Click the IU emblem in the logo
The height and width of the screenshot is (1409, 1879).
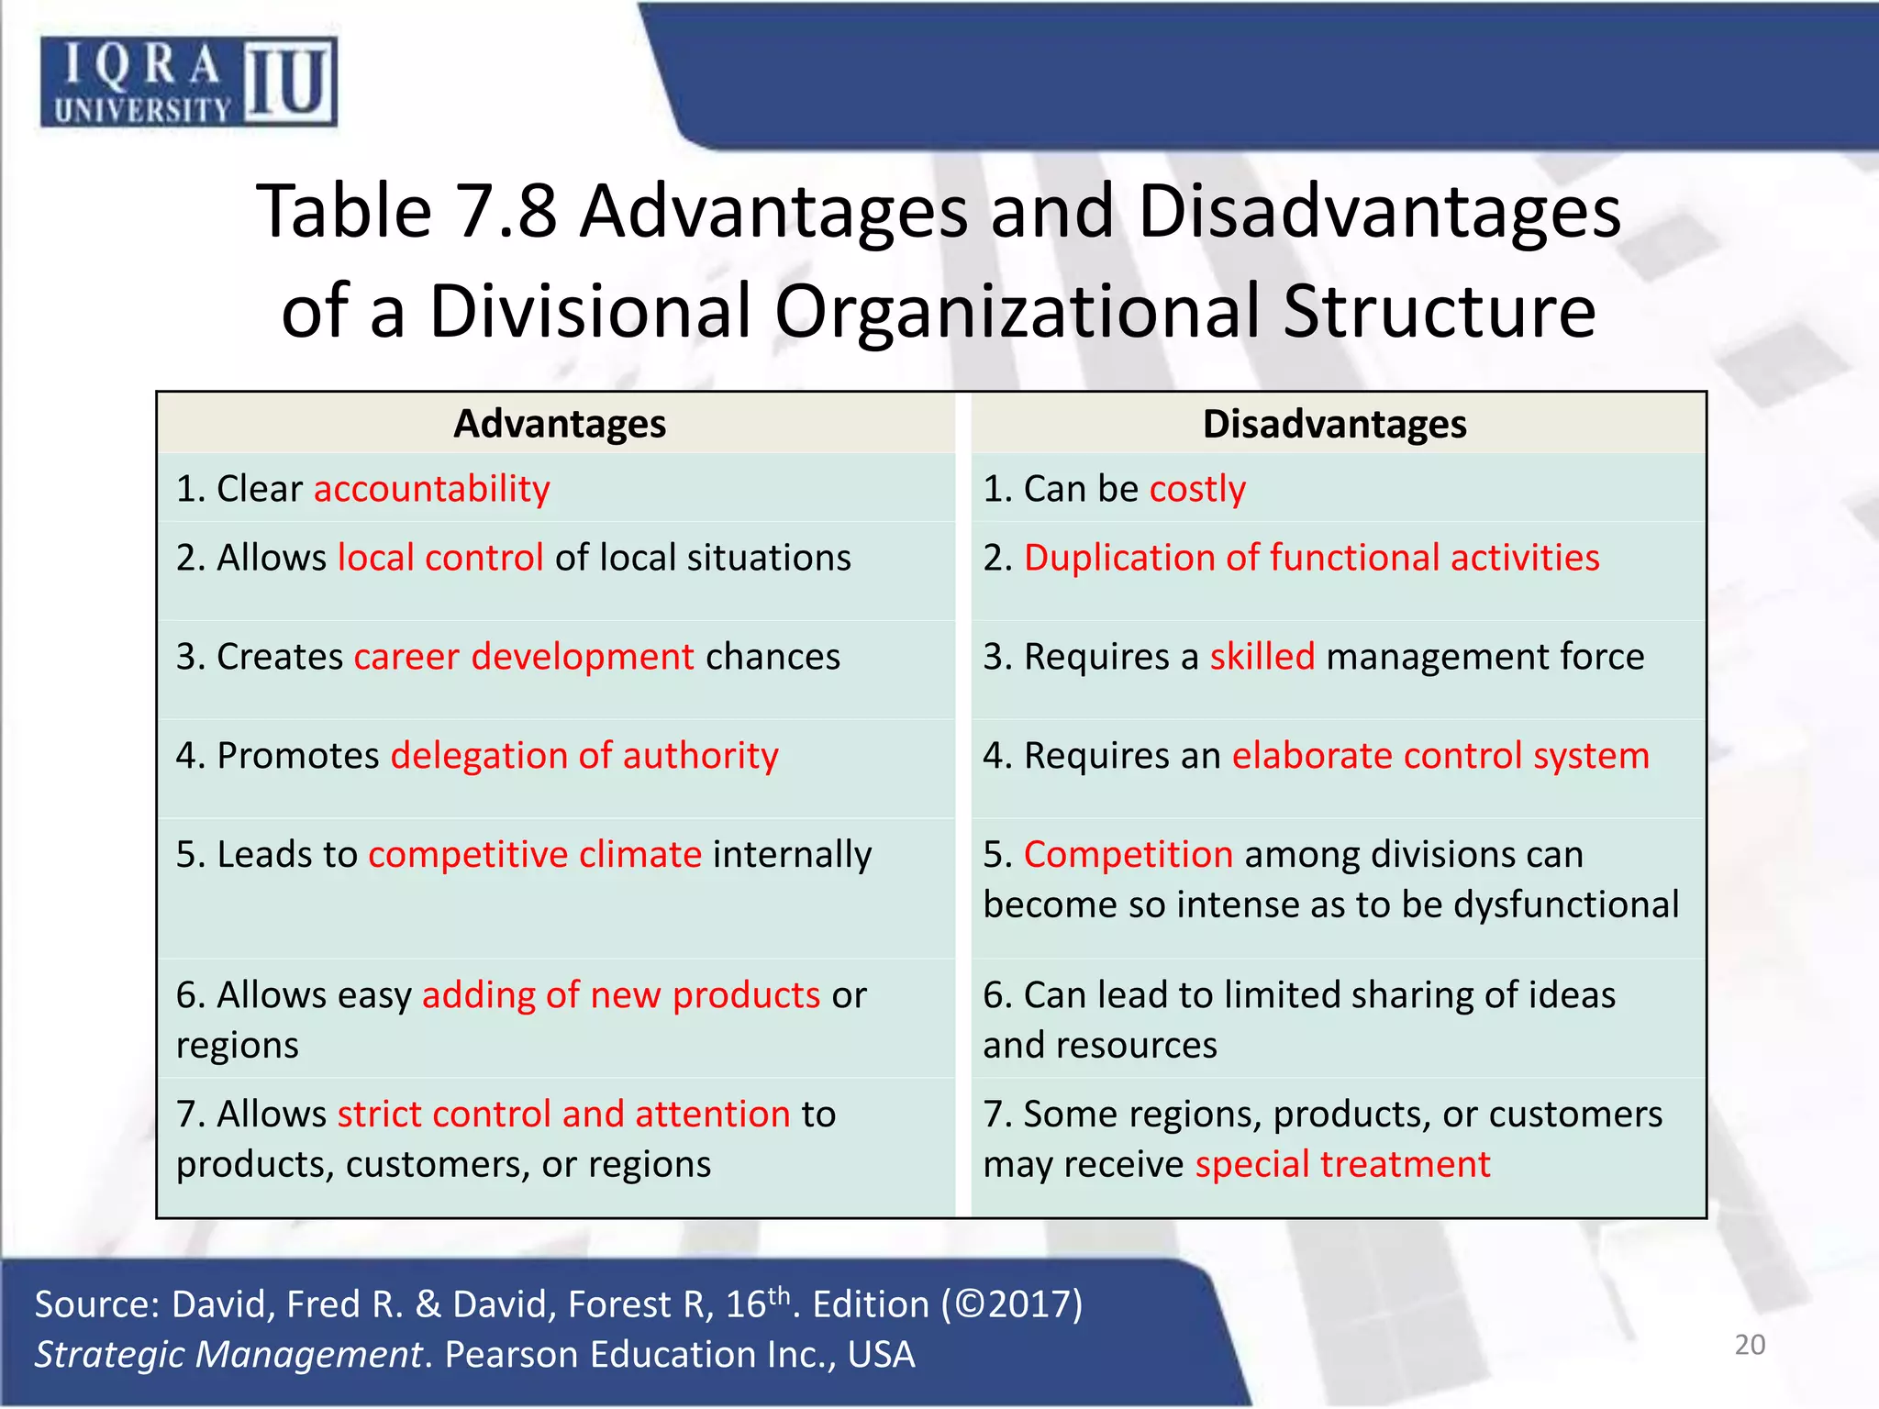[289, 82]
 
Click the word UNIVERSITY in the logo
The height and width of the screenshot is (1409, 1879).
[142, 111]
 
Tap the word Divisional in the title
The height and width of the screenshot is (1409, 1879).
[591, 311]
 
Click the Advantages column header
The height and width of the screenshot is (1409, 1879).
[560, 424]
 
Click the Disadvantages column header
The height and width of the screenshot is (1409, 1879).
[1334, 424]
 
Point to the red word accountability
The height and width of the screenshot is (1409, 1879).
[431, 489]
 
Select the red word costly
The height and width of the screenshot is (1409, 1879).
[1197, 489]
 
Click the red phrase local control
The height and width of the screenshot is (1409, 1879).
[440, 558]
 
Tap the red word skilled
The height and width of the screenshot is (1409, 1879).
[1262, 657]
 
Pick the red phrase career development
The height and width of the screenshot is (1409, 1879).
[524, 657]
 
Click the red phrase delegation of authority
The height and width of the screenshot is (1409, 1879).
[584, 756]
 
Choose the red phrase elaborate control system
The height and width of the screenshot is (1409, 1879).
[1440, 756]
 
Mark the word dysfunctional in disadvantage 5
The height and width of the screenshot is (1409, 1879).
[1566, 905]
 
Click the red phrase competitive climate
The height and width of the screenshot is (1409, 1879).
[535, 855]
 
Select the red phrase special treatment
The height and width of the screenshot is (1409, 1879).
[1342, 1165]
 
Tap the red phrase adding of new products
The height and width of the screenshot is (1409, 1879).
[621, 995]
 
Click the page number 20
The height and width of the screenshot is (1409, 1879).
[1749, 1345]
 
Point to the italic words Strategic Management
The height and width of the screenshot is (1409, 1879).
[228, 1355]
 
